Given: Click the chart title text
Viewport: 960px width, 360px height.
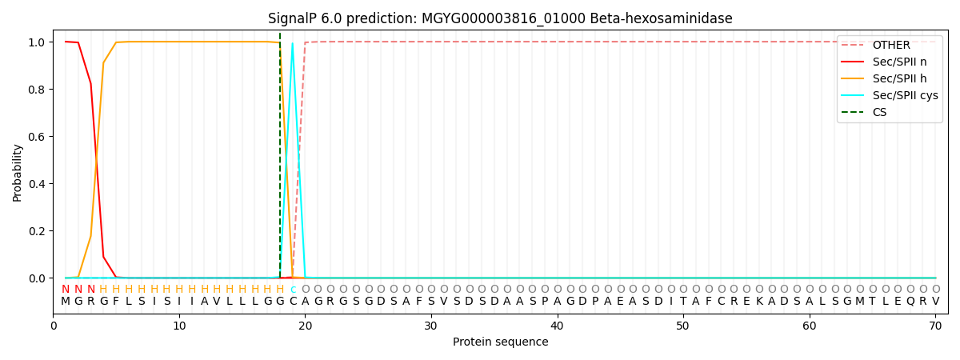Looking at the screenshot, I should click(x=500, y=18).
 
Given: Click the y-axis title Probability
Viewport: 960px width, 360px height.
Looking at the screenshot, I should click(x=18, y=172).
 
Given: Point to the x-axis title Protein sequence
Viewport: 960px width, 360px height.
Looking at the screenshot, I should click(x=500, y=342).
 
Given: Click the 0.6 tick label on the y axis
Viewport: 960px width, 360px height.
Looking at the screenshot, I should click(x=36, y=137).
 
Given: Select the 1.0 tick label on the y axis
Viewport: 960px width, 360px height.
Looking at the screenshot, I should click(x=36, y=42).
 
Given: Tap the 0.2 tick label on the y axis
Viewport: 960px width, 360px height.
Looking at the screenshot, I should click(x=36, y=231).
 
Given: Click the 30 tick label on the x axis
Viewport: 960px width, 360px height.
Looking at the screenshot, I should click(x=431, y=326).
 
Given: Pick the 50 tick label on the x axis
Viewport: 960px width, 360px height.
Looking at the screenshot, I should click(x=683, y=326).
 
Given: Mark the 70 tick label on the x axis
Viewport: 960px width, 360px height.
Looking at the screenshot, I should click(x=935, y=326).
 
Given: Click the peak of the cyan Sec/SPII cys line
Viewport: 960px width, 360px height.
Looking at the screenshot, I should click(x=293, y=43).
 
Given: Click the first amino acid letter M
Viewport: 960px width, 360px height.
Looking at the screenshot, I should click(x=66, y=302).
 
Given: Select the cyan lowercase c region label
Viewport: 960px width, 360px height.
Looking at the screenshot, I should click(x=293, y=289).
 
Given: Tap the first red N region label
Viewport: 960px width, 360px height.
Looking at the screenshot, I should click(x=66, y=289).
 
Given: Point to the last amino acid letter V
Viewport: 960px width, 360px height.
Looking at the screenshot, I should click(x=935, y=302).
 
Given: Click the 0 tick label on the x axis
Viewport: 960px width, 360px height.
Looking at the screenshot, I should click(x=54, y=326).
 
